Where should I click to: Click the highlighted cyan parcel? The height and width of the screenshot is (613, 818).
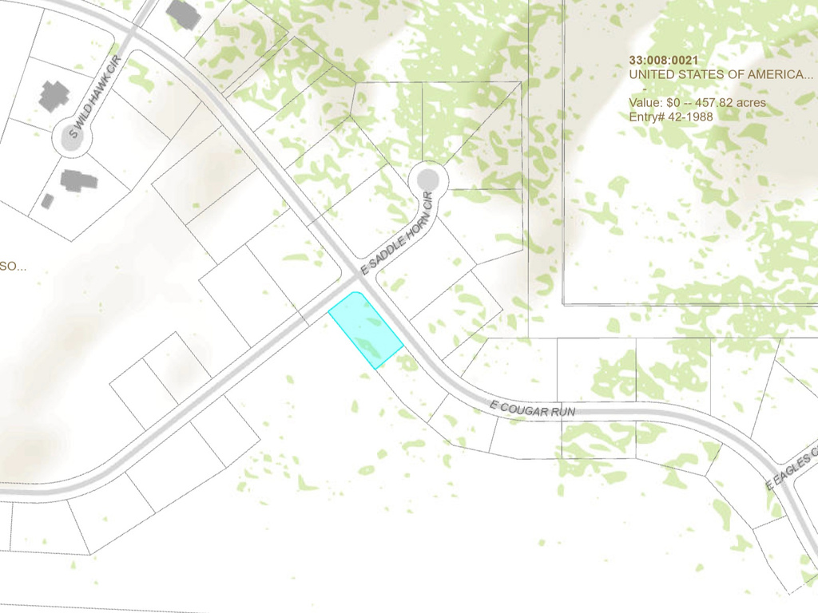tap(365, 329)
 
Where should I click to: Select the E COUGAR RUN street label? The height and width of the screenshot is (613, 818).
tap(533, 409)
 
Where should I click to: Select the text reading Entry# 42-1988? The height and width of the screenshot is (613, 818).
tap(670, 117)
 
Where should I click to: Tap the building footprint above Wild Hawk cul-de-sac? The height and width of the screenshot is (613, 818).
tap(54, 96)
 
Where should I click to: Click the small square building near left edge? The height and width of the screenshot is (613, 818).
tap(47, 201)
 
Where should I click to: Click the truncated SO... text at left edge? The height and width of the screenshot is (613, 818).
tap(12, 266)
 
